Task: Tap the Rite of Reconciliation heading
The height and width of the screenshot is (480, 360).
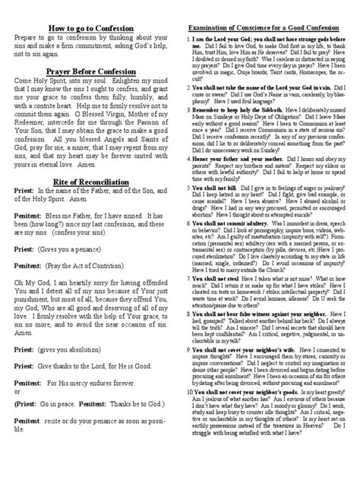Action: pyautogui.click(x=90, y=203)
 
